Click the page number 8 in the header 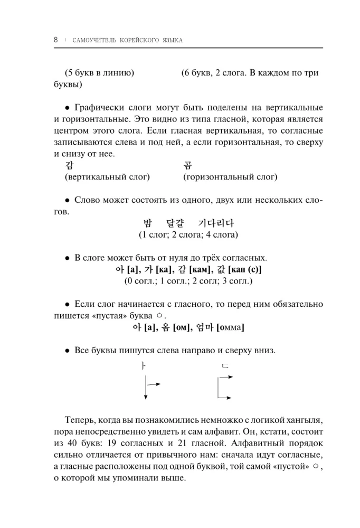(x=55, y=40)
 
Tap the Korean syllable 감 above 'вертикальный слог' (x=69, y=165)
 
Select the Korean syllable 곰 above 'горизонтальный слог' (x=188, y=165)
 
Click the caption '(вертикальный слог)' (x=107, y=177)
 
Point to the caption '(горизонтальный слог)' (x=230, y=177)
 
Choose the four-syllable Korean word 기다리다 (x=216, y=223)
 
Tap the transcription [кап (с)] (x=245, y=270)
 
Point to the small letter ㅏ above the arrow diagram (x=143, y=365)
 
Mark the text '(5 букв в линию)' (x=99, y=73)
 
